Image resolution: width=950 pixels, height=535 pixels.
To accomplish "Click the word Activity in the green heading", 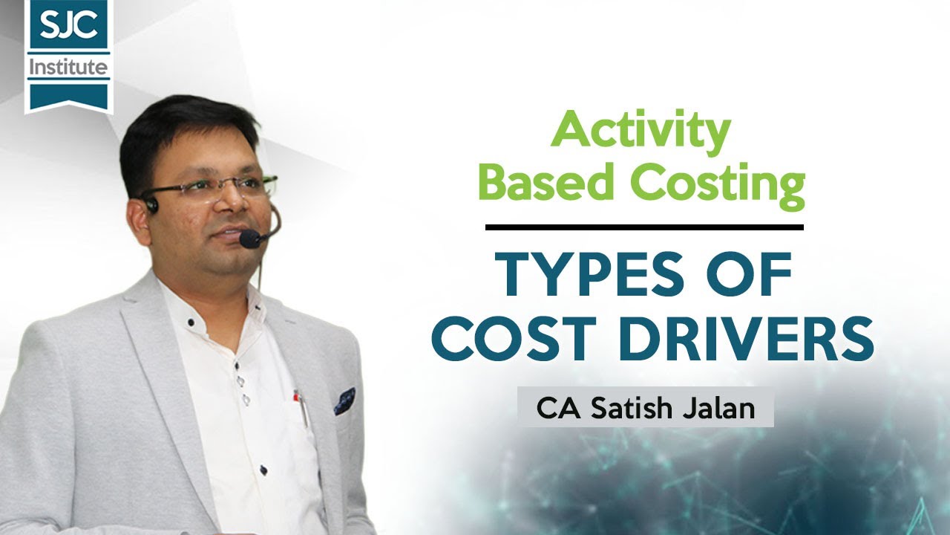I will (x=640, y=132).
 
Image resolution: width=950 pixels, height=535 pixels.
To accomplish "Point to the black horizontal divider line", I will (x=643, y=227).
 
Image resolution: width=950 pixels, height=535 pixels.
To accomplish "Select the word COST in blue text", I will (x=514, y=339).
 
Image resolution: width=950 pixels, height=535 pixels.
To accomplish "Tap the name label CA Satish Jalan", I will (x=645, y=409).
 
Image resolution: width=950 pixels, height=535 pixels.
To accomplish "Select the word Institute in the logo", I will (x=68, y=68).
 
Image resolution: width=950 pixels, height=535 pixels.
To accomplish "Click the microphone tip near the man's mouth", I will (x=249, y=239).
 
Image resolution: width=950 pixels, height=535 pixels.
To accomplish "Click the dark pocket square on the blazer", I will (x=344, y=401).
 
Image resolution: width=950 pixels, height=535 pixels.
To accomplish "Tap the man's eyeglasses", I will (x=215, y=187).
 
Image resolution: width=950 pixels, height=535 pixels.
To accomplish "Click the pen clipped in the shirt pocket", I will (x=301, y=405).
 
